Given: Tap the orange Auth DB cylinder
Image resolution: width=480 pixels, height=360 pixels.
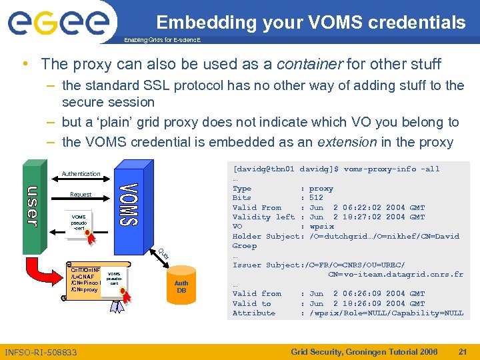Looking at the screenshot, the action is coord(181,287).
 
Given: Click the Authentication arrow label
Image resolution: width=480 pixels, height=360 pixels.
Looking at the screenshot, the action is coord(81,174).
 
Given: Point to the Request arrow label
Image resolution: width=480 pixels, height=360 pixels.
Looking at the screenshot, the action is coord(81,195).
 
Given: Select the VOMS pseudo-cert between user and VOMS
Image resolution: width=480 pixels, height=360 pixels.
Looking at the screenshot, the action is coord(79,222).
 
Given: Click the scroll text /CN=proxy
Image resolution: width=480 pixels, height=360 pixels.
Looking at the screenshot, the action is coord(84,290).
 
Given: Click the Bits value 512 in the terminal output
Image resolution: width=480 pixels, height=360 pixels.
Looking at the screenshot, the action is coord(316,198).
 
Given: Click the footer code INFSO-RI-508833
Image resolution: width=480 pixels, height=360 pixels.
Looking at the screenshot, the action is coord(41,352).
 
